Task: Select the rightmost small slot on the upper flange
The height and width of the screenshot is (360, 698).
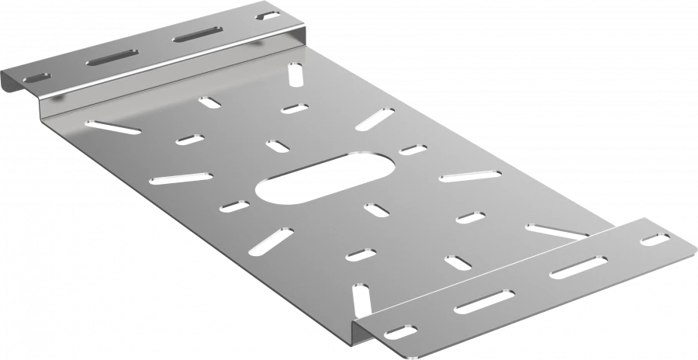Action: click(x=268, y=16)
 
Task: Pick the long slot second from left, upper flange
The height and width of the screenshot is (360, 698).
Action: click(x=112, y=57)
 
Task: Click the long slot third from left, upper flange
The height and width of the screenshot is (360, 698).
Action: click(x=197, y=34)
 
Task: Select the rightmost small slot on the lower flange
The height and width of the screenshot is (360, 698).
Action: click(x=656, y=240)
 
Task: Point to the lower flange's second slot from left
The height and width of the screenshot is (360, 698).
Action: click(x=484, y=300)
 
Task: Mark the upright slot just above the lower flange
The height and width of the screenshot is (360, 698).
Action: click(x=359, y=299)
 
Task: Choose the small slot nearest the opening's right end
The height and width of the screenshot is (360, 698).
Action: click(x=411, y=148)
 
